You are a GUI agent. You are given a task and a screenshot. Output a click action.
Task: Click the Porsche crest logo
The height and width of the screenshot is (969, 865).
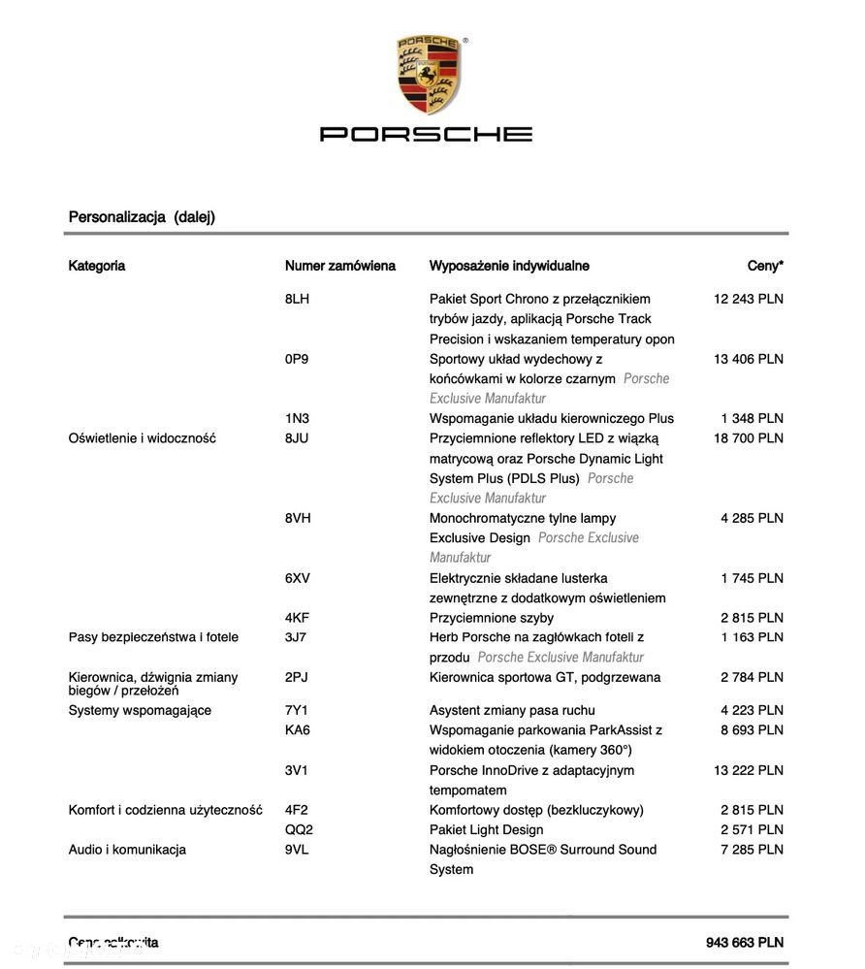pos(429,75)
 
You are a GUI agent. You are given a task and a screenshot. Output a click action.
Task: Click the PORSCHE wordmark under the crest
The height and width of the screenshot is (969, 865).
pos(426,134)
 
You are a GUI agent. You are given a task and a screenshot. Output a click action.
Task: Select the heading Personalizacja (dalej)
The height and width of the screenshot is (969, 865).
pos(142,217)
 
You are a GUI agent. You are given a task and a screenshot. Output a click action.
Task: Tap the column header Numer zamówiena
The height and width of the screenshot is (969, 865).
pos(339,266)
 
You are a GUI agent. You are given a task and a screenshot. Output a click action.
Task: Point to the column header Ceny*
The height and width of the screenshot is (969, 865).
pos(765,266)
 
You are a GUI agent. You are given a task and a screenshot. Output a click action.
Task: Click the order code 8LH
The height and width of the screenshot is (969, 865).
pos(297,299)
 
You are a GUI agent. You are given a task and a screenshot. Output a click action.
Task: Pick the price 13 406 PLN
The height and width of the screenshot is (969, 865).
pos(748,359)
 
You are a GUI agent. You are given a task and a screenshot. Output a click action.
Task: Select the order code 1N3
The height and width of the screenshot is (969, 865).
pos(297,418)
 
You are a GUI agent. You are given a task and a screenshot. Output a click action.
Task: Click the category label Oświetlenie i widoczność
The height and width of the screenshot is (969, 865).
pos(142,438)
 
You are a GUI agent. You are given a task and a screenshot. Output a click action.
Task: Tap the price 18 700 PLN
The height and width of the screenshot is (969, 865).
pos(748,438)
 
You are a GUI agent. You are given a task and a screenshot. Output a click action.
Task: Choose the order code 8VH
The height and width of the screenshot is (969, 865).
pos(298,518)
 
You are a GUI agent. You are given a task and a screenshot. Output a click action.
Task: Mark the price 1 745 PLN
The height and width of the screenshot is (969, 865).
pos(752,578)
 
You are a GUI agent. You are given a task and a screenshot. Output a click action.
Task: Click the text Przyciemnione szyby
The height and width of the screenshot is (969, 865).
pos(492,618)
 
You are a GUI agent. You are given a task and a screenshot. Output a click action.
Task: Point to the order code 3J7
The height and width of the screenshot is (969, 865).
pos(296,637)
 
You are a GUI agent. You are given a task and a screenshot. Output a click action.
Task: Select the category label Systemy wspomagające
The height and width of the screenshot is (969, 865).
pos(140,710)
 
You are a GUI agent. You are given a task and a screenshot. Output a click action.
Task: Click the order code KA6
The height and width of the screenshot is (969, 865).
pos(298,729)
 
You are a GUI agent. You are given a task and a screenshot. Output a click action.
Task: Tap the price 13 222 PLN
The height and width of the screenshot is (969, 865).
pos(748,770)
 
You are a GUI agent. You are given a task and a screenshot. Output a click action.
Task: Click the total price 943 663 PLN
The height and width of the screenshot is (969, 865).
pos(744,943)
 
